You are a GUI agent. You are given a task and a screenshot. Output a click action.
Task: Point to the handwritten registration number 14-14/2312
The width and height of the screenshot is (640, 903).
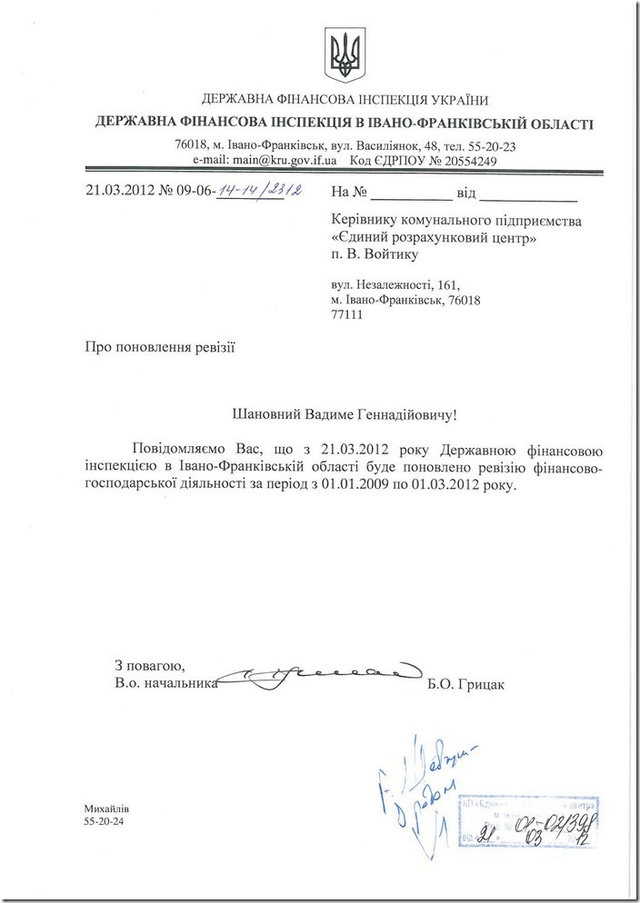261,191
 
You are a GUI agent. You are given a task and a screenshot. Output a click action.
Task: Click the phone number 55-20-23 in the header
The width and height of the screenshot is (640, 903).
491,144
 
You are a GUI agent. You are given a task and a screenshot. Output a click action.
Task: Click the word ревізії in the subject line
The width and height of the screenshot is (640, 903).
217,346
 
